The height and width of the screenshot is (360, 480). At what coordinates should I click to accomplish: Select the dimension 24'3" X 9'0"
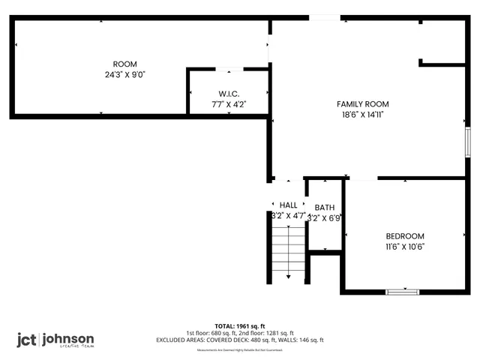click(x=124, y=74)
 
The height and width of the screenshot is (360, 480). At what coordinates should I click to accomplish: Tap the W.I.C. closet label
click(x=228, y=94)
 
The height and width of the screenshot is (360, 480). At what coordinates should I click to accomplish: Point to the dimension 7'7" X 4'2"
click(x=228, y=104)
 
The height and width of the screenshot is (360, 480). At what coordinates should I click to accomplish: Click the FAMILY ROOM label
click(x=362, y=104)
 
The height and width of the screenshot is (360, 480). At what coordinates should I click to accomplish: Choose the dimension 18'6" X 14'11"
click(x=362, y=115)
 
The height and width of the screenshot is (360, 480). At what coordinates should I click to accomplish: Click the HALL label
click(x=289, y=205)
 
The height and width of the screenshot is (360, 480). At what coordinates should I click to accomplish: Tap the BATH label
click(x=325, y=208)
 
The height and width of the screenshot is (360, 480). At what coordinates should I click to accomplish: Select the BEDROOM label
click(x=405, y=235)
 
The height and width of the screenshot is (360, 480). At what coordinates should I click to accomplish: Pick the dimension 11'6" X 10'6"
click(x=405, y=246)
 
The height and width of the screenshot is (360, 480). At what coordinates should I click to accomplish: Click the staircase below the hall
click(x=289, y=246)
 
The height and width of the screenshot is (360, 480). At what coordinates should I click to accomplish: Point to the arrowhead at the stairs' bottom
click(x=289, y=277)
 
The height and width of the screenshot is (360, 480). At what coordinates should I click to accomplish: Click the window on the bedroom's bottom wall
click(x=403, y=290)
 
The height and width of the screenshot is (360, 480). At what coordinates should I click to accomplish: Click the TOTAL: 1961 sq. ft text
click(x=240, y=326)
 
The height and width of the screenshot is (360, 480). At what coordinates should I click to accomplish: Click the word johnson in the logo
click(x=67, y=337)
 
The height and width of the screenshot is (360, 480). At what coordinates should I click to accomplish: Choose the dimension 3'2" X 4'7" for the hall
click(x=288, y=215)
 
